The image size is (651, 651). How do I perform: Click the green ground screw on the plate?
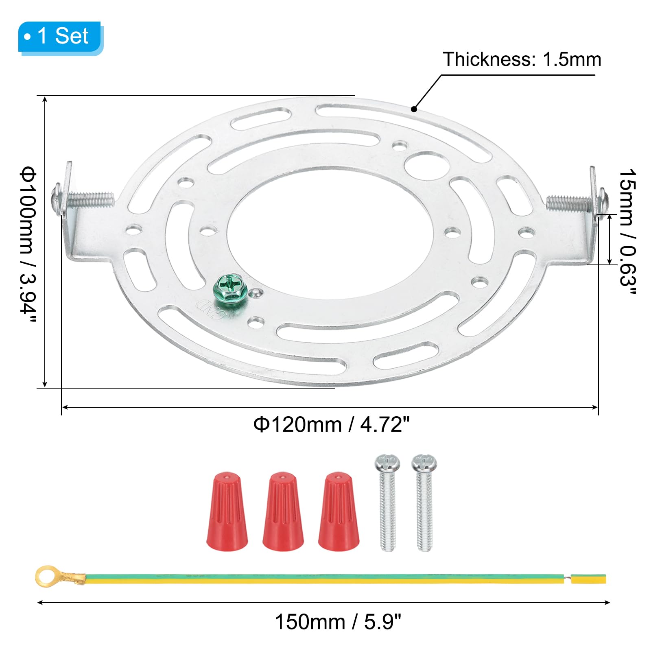[229, 287]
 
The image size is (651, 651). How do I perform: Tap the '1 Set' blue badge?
[60, 37]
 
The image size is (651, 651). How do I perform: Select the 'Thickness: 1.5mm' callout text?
[522, 59]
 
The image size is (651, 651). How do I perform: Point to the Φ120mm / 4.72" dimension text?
[331, 425]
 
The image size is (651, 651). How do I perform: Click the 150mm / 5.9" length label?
[338, 622]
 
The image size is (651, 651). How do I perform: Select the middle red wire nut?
[283, 511]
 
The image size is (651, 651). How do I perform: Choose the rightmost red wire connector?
[339, 511]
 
